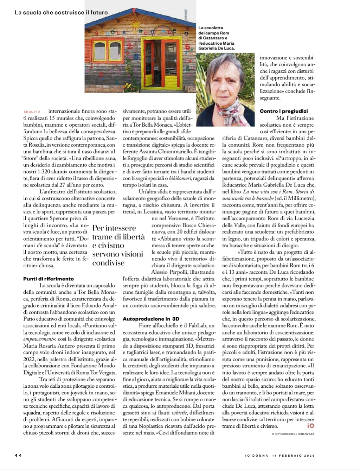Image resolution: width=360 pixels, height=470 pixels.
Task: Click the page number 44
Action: (18, 455)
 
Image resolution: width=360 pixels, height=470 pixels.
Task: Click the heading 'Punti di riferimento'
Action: (49, 279)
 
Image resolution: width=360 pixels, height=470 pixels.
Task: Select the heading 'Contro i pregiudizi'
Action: (284, 111)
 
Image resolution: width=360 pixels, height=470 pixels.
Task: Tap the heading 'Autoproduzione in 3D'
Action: (151, 319)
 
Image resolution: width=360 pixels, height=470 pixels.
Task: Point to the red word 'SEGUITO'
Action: (32, 112)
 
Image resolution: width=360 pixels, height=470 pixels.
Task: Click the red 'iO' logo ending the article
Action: (310, 426)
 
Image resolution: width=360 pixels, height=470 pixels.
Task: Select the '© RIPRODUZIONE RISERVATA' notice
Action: (293, 434)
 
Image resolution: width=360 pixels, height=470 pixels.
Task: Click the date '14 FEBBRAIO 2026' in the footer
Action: (293, 456)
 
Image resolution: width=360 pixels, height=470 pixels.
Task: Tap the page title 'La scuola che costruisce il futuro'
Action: (61, 13)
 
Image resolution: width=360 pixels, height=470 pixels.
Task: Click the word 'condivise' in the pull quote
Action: (108, 263)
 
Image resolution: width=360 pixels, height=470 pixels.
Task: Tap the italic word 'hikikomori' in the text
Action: (180, 178)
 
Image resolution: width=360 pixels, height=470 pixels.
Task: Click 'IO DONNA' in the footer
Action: (257, 456)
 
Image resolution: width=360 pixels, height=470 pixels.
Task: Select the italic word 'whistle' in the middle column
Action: (179, 413)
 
